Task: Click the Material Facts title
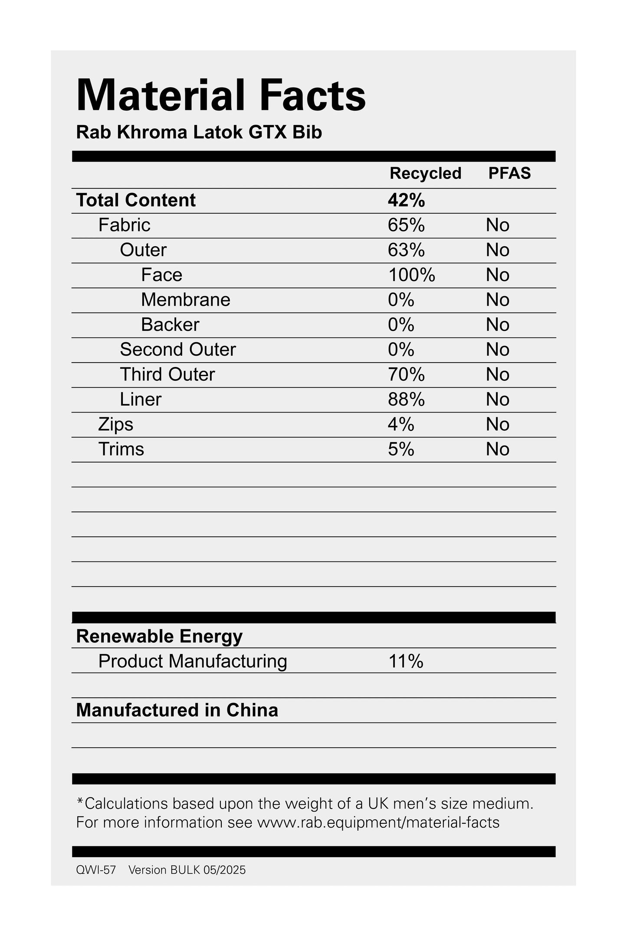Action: click(221, 96)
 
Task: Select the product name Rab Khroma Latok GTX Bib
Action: click(199, 132)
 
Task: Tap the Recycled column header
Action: click(425, 173)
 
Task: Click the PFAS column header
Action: click(509, 173)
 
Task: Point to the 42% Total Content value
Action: click(406, 200)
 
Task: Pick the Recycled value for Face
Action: click(411, 275)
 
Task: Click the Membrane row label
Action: click(186, 300)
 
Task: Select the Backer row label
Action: click(170, 325)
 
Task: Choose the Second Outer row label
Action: click(178, 350)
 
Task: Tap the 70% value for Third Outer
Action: click(406, 374)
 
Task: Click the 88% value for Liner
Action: click(406, 400)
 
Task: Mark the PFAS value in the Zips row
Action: click(497, 424)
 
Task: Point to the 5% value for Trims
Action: click(401, 449)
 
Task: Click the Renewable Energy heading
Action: click(159, 636)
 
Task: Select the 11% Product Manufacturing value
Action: click(406, 661)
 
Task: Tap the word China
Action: click(252, 710)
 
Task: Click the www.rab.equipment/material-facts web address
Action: click(378, 822)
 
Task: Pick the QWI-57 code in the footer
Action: click(96, 870)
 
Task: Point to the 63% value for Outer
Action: click(406, 250)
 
